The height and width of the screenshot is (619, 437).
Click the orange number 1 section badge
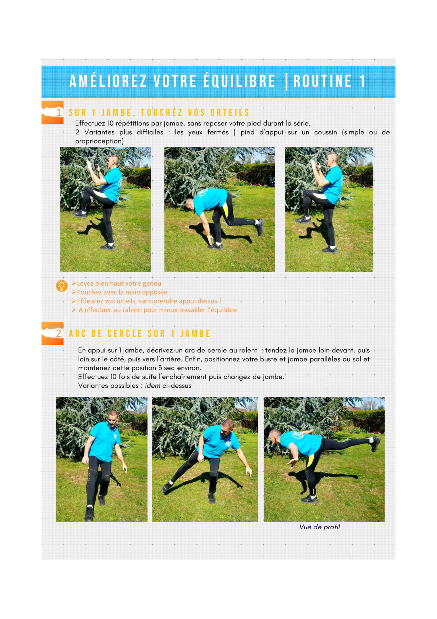coord(52,112)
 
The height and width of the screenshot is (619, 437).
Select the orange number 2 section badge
coord(52,333)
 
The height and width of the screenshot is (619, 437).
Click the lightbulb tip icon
coord(62,286)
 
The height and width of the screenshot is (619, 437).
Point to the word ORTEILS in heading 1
coord(230,113)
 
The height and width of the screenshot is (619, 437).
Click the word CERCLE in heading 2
coord(125,334)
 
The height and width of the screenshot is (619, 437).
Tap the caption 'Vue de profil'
coord(319,527)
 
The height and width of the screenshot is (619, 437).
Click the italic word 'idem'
coord(152,385)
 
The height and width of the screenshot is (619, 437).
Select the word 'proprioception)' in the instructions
coord(99,141)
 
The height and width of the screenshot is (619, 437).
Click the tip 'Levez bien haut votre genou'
coord(119,283)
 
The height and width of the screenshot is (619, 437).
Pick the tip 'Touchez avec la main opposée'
coord(122,292)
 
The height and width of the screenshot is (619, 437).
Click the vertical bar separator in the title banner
coord(286,82)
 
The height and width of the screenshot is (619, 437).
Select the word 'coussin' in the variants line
coord(325,132)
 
